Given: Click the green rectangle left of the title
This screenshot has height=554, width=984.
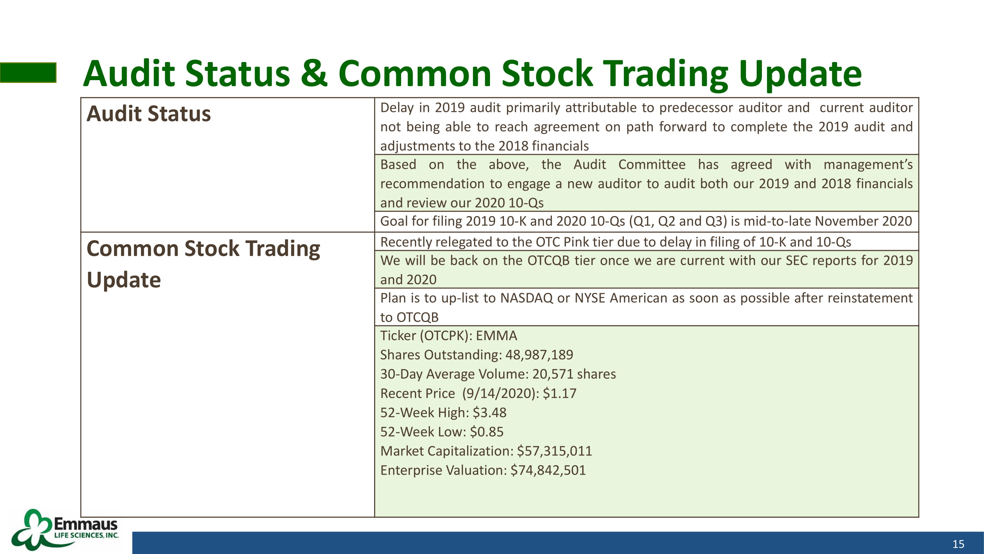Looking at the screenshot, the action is coord(28,73).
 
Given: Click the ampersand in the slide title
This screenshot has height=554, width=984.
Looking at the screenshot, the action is coord(314,73).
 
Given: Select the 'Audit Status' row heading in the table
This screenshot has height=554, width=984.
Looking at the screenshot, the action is coord(149,113).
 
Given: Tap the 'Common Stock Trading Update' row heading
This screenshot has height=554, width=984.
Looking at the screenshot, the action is coord(203,264).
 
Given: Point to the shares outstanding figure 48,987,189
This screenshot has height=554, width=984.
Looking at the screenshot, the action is coord(539,355).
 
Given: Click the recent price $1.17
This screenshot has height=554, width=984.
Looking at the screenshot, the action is coord(560,393).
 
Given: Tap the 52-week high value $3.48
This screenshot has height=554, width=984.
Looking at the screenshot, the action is coord(489,413).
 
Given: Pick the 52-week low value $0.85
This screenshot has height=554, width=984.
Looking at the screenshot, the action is coord(487,432).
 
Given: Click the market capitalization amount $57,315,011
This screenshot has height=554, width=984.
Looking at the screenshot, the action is coord(554,451).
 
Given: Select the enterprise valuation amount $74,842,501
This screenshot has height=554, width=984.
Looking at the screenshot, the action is coord(548,470).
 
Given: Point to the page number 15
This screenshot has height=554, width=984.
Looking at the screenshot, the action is coord(959,544).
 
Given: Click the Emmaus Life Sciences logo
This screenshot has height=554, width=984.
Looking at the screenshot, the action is coord(65,530).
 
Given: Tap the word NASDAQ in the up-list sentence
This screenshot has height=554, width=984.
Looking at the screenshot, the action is coord(526,298).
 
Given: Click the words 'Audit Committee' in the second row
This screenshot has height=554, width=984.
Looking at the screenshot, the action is coord(629,164).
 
